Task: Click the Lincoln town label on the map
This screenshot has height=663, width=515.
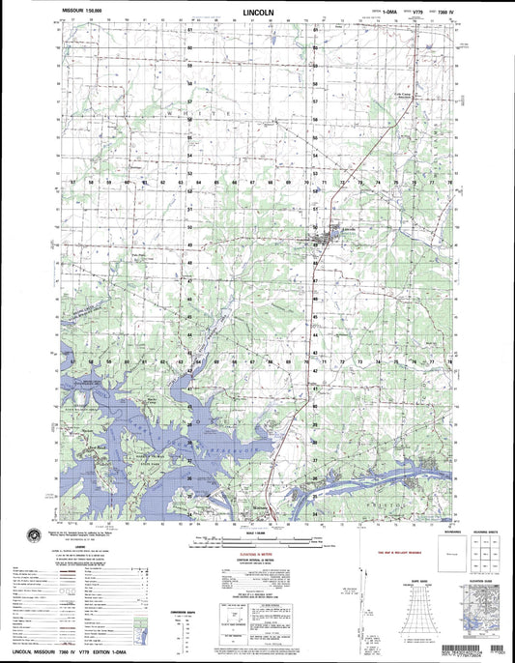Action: [329, 230]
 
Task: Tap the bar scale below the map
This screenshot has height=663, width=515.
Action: [257, 541]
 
